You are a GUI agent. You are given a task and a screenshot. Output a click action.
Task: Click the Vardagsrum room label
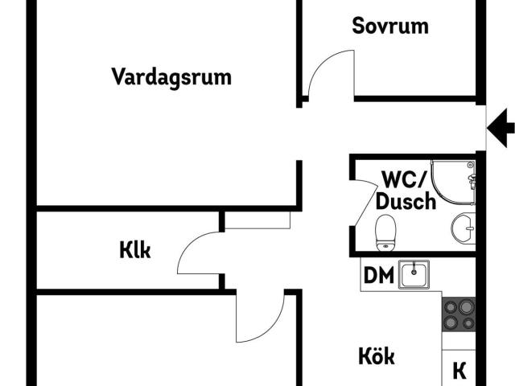[171, 77]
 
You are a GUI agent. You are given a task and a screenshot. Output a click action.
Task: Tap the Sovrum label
[390, 26]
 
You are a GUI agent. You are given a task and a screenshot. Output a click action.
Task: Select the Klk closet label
[135, 250]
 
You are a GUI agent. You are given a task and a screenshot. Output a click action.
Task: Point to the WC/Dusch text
[408, 190]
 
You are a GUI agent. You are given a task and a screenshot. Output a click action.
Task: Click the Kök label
[377, 355]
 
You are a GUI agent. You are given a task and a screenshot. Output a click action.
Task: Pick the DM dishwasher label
[379, 275]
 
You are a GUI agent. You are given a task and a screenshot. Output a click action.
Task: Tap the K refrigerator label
[459, 371]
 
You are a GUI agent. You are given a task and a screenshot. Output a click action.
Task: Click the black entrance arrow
[501, 125]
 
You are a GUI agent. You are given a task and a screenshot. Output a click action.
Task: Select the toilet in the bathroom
[385, 231]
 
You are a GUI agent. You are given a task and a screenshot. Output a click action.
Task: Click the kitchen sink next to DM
[414, 274]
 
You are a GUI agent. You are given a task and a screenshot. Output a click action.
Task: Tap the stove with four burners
[459, 314]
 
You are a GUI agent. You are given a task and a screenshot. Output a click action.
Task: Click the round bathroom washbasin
[463, 228]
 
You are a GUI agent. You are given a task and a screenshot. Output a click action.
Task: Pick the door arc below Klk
[262, 322]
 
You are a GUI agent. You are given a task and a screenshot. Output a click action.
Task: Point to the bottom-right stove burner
[467, 322]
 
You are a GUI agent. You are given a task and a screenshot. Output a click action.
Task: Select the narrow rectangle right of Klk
[257, 220]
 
